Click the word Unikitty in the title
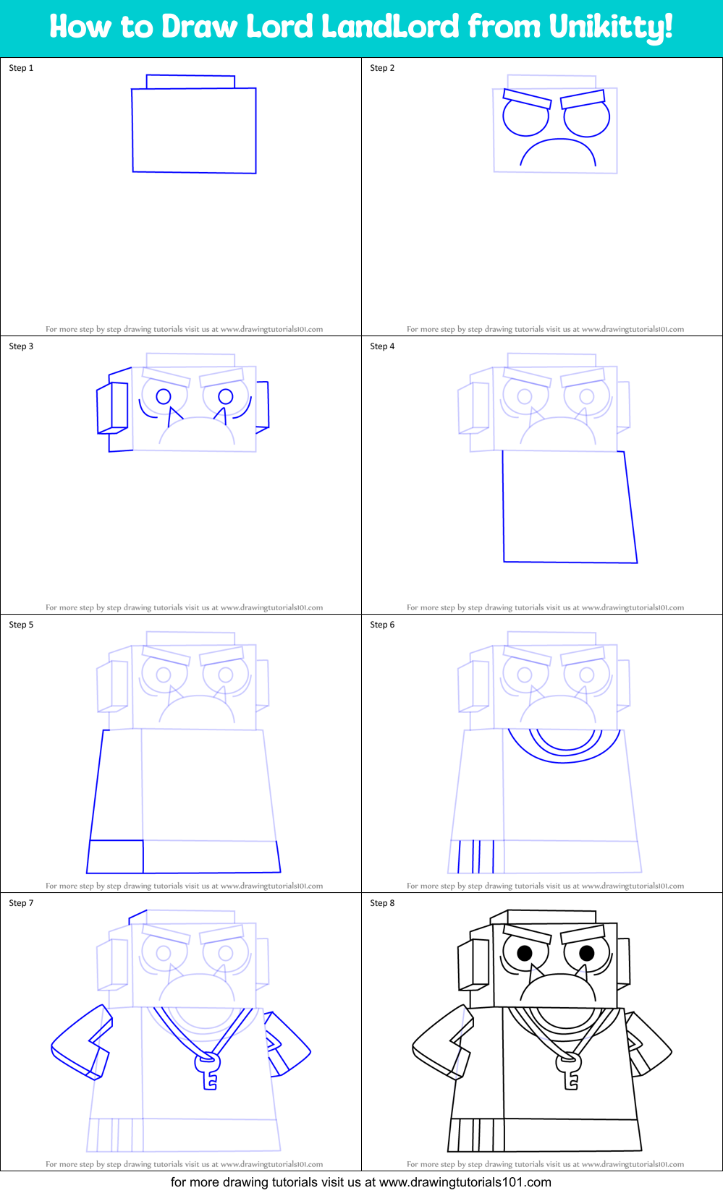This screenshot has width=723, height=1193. [610, 27]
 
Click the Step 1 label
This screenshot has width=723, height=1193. [21, 68]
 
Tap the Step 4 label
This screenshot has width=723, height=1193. [382, 346]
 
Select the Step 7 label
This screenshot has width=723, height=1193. [21, 903]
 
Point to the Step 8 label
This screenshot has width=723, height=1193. [382, 903]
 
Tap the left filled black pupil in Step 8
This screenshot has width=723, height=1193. [525, 953]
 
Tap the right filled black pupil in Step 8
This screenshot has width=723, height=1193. [587, 953]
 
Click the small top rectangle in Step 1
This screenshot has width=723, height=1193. [190, 81]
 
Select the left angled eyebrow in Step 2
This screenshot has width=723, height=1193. [527, 99]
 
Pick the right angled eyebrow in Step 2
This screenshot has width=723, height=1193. [583, 99]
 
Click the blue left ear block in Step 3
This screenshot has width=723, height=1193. [113, 408]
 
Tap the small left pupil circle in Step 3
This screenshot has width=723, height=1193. [164, 396]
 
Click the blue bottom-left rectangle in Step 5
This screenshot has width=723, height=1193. [116, 857]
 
